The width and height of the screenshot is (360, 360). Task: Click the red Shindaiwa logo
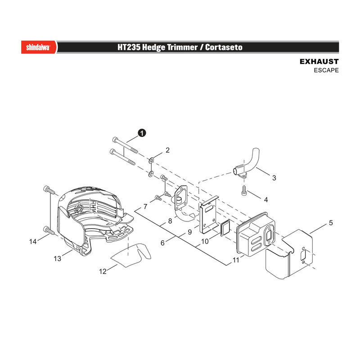(x=39, y=47)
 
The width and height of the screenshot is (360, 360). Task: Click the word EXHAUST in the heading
(x=319, y=62)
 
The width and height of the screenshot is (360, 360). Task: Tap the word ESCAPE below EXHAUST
(x=326, y=70)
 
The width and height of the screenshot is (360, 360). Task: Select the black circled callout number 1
(x=142, y=133)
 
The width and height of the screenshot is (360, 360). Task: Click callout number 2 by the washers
(x=167, y=150)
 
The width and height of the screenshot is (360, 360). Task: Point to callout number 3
(x=274, y=178)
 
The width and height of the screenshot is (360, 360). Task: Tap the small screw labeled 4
(x=244, y=190)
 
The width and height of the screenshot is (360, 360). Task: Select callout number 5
(x=331, y=223)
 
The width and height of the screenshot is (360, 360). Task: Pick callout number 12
(x=103, y=271)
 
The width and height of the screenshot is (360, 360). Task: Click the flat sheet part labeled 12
(x=131, y=256)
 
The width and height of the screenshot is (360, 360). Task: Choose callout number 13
(x=58, y=259)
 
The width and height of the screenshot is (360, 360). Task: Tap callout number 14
(x=33, y=242)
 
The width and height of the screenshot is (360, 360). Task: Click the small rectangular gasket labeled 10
(x=225, y=228)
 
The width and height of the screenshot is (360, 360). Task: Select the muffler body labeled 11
(x=256, y=234)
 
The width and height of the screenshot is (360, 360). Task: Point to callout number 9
(x=189, y=232)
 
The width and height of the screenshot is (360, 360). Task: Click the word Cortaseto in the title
(x=224, y=47)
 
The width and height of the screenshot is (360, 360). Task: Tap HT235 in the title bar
(x=129, y=47)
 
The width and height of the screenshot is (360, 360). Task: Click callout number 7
(x=145, y=207)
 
